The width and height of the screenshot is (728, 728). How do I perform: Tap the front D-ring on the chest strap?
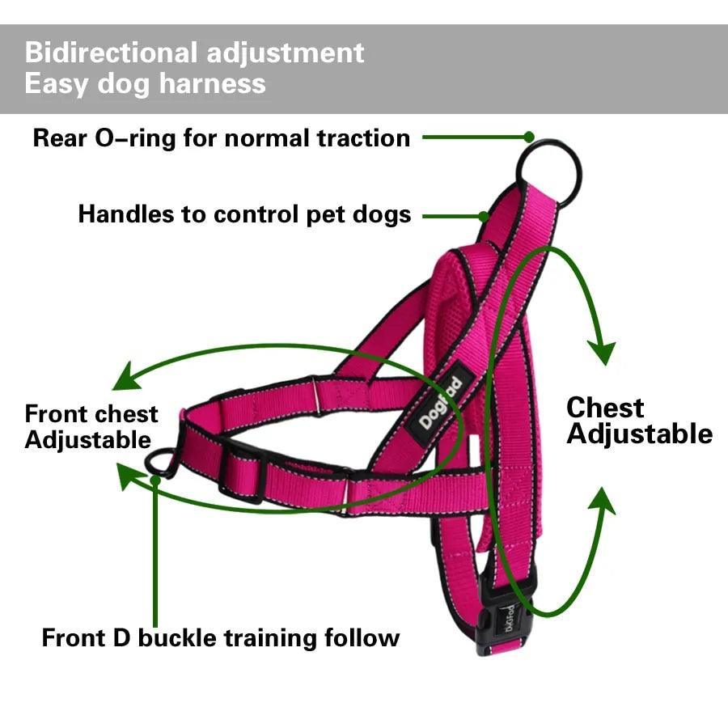[x=161, y=462]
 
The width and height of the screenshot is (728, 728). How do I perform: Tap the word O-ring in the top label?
[x=135, y=138]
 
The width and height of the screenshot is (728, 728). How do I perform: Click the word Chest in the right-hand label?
[x=604, y=407]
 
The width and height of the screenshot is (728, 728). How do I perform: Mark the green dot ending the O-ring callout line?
[x=529, y=138]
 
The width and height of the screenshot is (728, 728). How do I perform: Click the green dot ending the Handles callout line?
[x=483, y=216]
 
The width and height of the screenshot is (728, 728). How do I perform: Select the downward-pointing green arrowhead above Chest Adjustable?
[x=601, y=353]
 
